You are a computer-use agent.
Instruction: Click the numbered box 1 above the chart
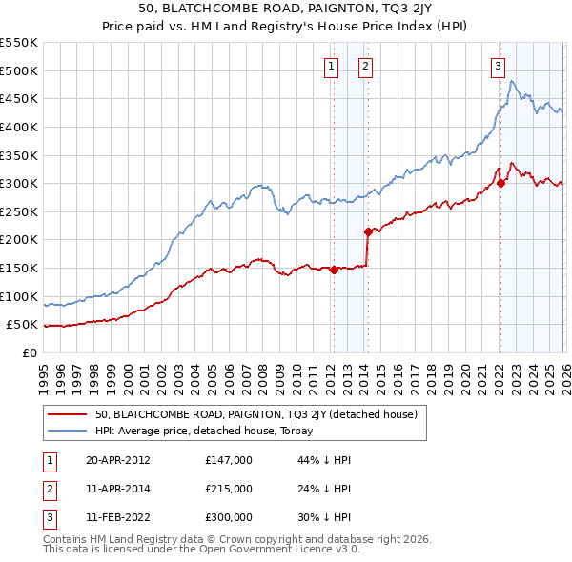pos(331,66)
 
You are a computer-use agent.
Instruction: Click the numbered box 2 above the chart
pos(365,66)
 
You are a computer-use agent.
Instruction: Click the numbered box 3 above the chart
pos(498,66)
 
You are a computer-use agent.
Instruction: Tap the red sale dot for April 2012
pos(334,270)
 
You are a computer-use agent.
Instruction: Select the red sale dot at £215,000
pos(367,231)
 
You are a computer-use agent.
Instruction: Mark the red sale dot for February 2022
pos(500,184)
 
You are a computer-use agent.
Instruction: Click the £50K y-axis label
pos(22,325)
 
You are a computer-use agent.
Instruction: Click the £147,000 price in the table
pos(229,460)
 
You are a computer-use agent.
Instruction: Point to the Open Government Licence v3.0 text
pos(266,550)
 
